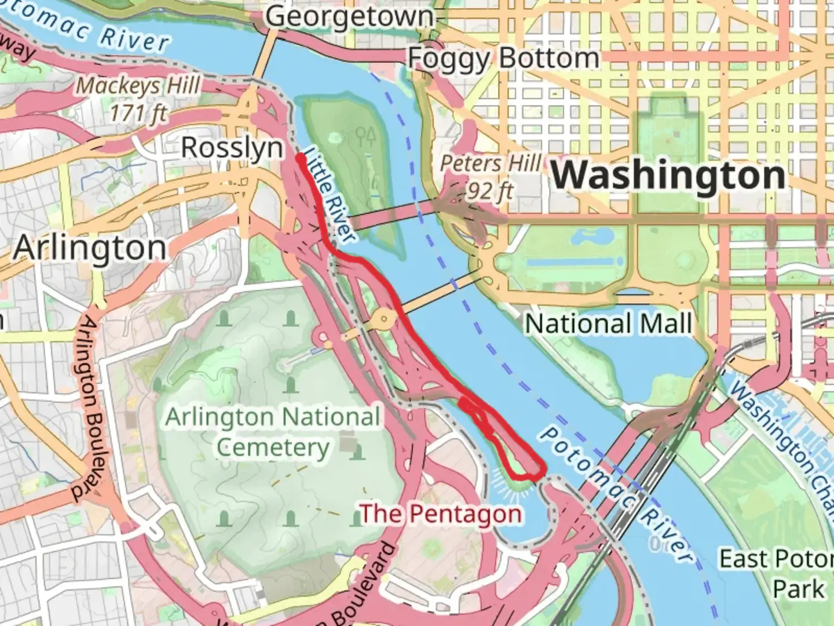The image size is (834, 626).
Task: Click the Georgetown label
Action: click(349, 16)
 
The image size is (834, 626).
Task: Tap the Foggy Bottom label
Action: click(503, 58)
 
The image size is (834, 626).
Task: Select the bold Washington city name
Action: click(668, 175)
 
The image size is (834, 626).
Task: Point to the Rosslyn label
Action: click(232, 148)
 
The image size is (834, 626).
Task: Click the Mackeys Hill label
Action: click(138, 86)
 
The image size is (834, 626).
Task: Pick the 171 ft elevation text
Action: click(138, 113)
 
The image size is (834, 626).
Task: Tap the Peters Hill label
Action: click(491, 163)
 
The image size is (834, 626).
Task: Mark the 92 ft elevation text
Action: click(490, 190)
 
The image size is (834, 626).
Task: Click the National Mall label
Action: click(608, 323)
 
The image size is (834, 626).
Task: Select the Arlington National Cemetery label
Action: click(273, 432)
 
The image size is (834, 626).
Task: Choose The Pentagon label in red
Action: click(441, 514)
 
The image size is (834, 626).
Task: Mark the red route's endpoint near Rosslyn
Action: click(301, 156)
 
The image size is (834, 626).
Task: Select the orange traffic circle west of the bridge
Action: click(383, 318)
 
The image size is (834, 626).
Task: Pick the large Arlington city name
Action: click(90, 248)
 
